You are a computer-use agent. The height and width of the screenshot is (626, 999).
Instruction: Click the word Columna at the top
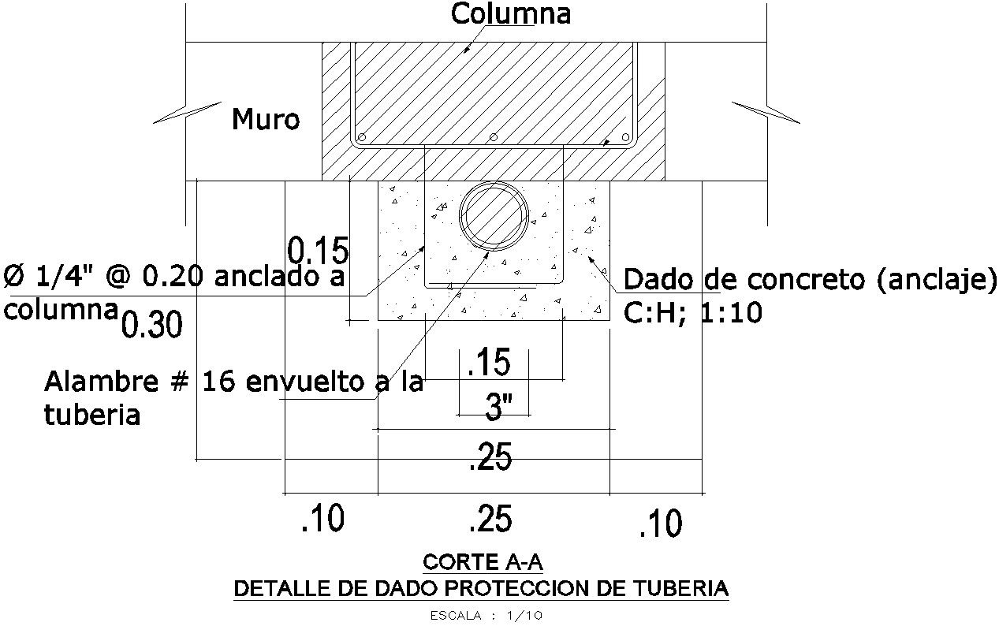coord(510,14)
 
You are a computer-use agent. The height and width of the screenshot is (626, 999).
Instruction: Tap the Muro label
coord(266,120)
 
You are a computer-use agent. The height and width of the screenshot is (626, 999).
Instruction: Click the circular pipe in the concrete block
coord(494,218)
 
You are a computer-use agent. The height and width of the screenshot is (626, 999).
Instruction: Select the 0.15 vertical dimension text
coord(318,251)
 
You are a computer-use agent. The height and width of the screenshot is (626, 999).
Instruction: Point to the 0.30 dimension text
coord(153,324)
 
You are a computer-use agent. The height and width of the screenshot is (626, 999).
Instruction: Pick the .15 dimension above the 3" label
coord(489,363)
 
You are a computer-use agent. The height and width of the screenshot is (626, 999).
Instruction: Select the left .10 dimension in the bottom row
coord(323,520)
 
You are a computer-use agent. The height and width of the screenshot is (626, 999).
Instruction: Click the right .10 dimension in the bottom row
coord(661,524)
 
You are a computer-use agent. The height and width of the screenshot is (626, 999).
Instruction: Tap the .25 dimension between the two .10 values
coord(490,520)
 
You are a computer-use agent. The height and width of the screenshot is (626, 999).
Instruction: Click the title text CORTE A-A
coord(483,562)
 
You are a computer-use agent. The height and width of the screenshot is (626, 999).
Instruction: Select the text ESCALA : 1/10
coord(486,616)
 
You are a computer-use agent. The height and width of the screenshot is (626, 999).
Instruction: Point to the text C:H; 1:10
coord(693,314)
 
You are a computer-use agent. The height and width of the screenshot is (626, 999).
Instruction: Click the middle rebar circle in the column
coord(494,137)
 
